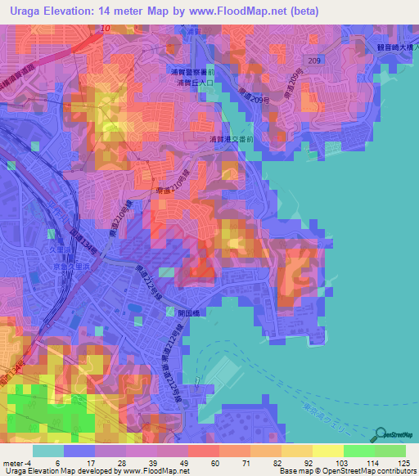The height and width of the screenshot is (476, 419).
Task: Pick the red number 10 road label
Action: (x=106, y=29)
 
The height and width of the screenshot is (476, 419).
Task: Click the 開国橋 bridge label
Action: (x=189, y=312)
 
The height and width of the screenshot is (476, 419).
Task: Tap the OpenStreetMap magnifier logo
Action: (x=382, y=435)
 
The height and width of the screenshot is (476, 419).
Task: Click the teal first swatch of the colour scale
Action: (x=48, y=451)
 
